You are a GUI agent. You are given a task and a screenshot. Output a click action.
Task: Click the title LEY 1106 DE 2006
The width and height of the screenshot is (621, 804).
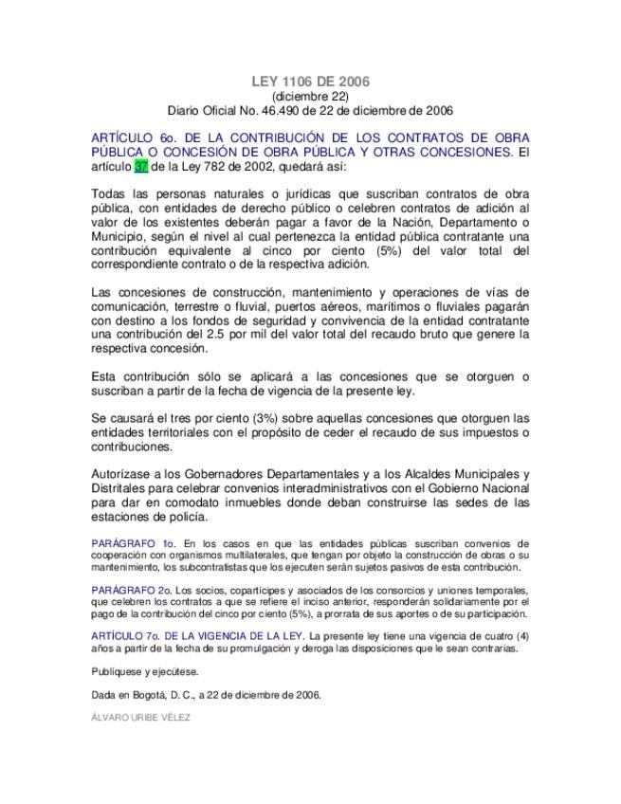coord(310,82)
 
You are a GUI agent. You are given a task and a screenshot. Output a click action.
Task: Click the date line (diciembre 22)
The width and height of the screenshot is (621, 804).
coord(310,96)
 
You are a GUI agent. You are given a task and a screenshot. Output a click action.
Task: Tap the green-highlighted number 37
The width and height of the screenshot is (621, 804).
coord(141,166)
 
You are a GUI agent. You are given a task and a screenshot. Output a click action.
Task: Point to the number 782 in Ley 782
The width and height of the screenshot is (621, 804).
coord(222,166)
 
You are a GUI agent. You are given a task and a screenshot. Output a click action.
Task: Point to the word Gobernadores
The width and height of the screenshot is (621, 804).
coord(245,474)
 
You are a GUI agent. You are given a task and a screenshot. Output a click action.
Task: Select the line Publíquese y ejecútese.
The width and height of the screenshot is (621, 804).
coord(145,671)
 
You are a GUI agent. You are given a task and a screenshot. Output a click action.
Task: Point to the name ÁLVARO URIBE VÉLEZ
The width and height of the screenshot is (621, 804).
coord(141,718)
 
